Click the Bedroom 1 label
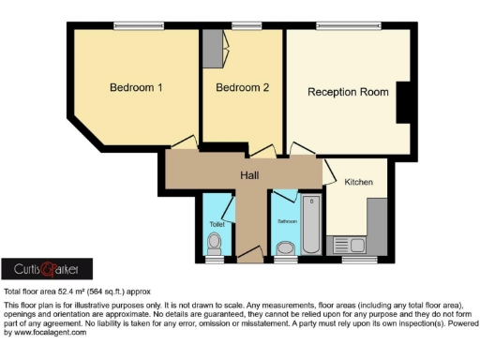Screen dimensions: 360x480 (136, 88)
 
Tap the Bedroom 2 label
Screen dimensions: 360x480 (242, 88)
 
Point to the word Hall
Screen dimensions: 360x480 (249, 174)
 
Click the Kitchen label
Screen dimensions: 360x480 (359, 181)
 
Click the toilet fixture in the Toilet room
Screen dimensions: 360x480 (215, 245)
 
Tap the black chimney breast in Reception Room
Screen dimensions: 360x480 (406, 101)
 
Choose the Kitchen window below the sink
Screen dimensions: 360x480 (354, 260)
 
